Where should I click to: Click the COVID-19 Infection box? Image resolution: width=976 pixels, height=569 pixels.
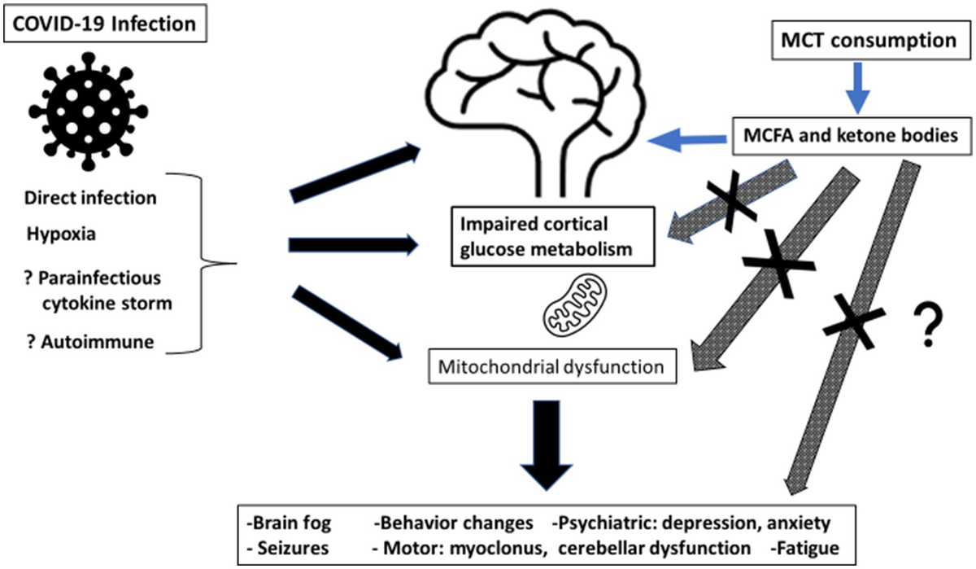[104, 23]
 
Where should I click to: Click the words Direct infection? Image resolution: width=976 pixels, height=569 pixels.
[90, 198]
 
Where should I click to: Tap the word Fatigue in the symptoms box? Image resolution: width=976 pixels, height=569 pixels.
[813, 547]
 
